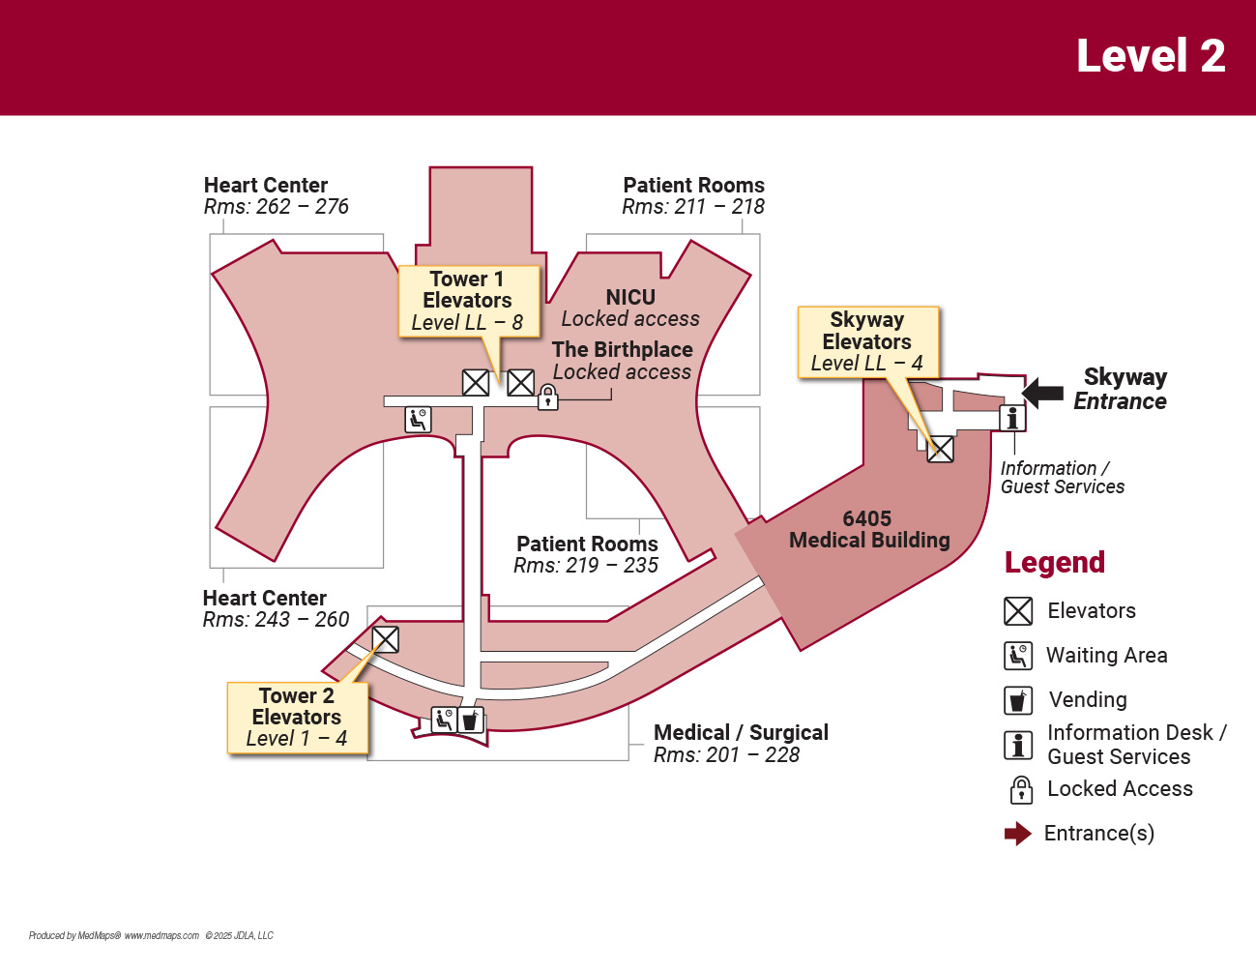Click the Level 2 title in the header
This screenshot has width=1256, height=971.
[1150, 56]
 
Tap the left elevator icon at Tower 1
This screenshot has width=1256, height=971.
[476, 383]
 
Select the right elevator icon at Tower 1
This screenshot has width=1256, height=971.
[521, 383]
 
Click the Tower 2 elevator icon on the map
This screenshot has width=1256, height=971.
[386, 639]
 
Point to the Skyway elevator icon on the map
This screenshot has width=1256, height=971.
[941, 450]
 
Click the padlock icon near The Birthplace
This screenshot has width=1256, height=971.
[548, 397]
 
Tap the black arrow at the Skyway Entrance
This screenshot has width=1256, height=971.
[1042, 393]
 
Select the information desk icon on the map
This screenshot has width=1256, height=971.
[1012, 418]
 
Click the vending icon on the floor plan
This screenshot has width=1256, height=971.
[470, 721]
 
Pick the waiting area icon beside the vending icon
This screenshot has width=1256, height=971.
[444, 720]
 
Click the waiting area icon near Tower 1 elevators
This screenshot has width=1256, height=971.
[419, 419]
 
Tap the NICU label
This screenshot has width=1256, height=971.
[630, 298]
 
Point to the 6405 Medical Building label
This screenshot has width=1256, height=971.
[868, 530]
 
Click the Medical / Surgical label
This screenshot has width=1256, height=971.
[741, 732]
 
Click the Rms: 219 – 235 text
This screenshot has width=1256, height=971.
[586, 566]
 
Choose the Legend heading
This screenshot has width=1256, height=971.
[1054, 562]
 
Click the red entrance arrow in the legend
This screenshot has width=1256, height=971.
[1017, 834]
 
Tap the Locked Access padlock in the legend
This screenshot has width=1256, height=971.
[1021, 790]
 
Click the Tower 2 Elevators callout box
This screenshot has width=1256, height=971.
[297, 718]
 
